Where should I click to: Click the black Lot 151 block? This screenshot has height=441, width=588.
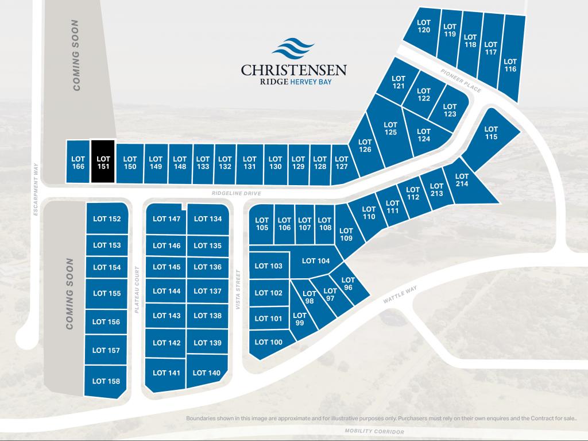[x=103, y=162]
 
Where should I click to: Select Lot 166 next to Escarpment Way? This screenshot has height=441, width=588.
[x=78, y=162]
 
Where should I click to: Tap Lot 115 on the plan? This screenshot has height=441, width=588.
[x=491, y=133]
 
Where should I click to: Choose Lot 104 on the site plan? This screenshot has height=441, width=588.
[x=315, y=260]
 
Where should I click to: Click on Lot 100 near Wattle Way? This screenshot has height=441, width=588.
[x=269, y=342]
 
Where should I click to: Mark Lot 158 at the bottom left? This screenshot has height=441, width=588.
[x=106, y=381]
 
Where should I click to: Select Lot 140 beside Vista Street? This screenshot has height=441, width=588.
[x=207, y=373]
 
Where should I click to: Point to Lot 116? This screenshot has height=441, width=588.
[x=510, y=65]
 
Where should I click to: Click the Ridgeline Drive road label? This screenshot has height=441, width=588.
[x=237, y=194]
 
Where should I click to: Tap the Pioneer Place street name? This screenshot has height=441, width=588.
[x=461, y=82]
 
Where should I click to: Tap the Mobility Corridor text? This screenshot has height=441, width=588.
[x=374, y=431]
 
